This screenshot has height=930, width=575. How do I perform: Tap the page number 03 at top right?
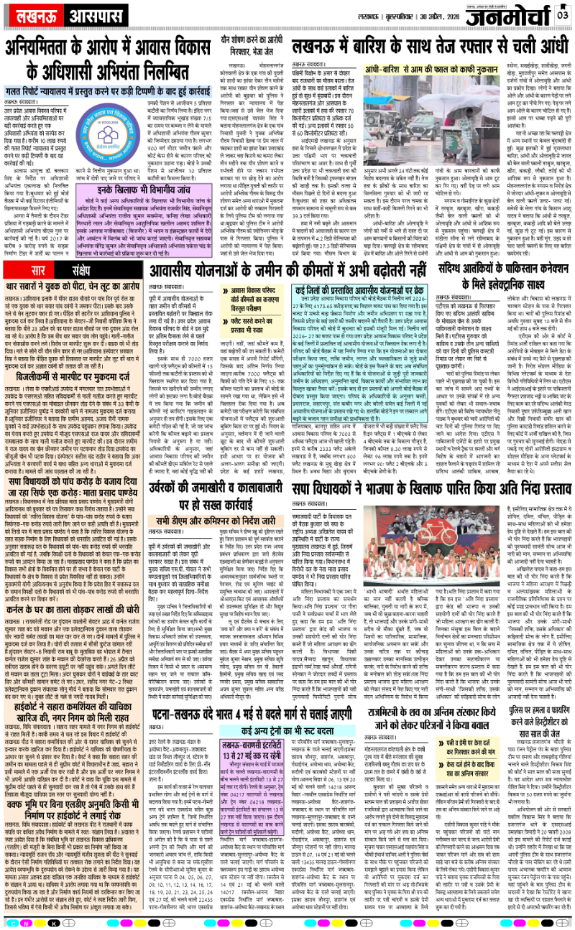pos(563,12)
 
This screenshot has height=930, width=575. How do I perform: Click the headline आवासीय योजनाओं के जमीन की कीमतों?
pos(320,249)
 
